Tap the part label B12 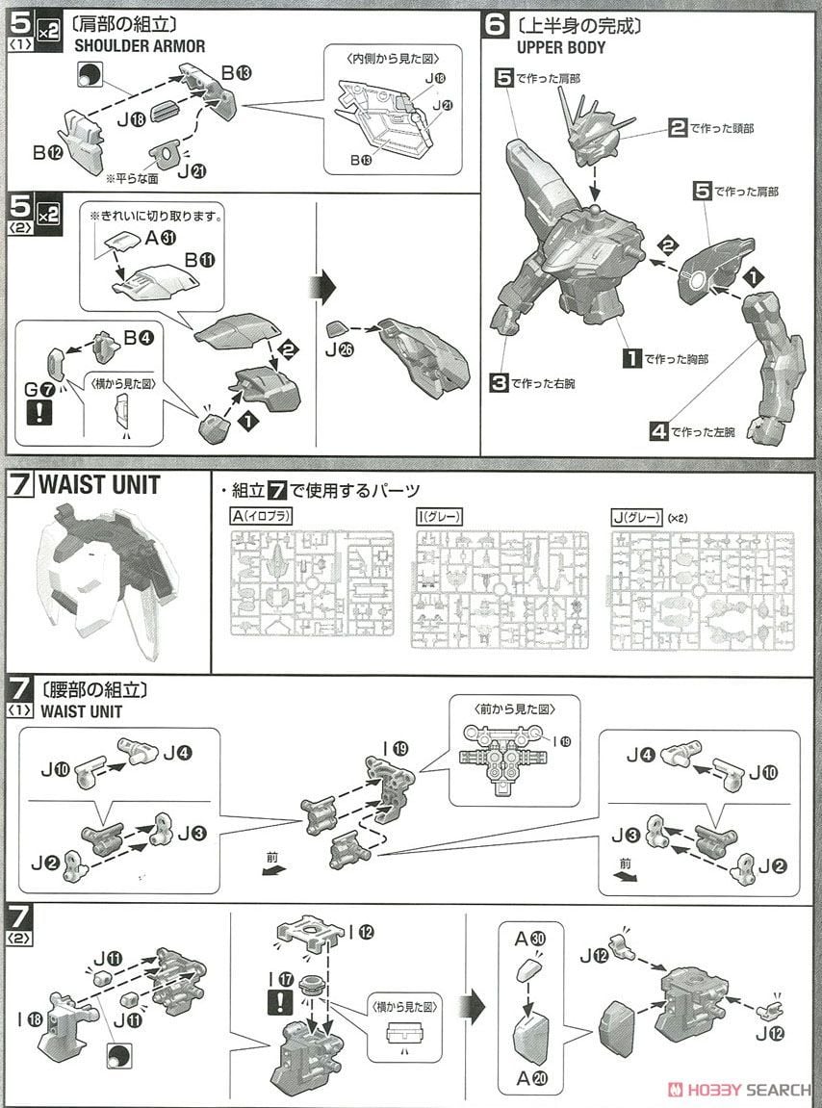tap(46, 152)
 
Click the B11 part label tap(203, 259)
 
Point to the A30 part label tap(524, 938)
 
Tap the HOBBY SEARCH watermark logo tap(741, 1090)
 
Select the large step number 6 tap(496, 24)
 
